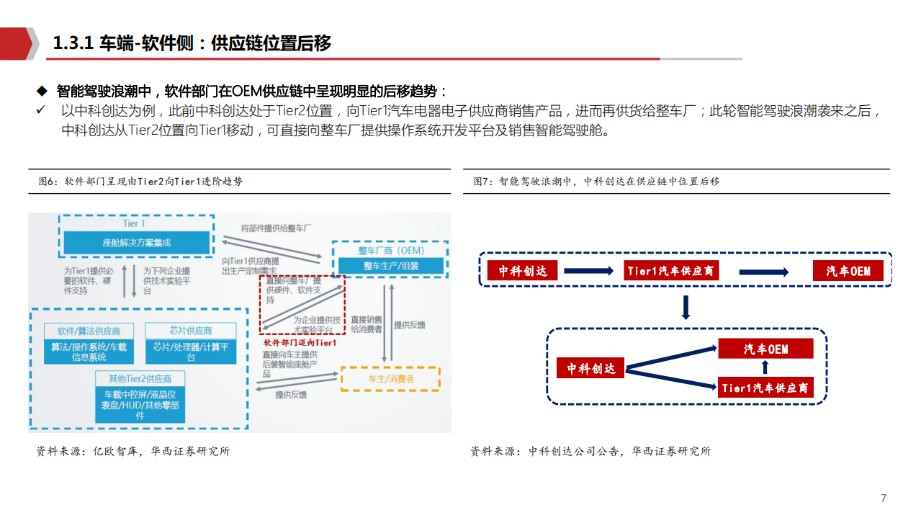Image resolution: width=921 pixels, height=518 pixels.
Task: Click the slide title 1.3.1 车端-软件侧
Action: [x=192, y=43]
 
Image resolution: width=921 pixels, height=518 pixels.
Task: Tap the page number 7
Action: [x=884, y=499]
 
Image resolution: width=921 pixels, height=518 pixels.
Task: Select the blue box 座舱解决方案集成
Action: [x=137, y=243]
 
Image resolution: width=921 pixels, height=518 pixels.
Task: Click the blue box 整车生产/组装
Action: [x=390, y=265]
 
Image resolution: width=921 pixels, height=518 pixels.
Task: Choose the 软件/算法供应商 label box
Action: [x=89, y=331]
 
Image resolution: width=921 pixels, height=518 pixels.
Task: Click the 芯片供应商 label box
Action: [x=191, y=331]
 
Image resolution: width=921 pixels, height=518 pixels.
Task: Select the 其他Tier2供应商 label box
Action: [x=140, y=378]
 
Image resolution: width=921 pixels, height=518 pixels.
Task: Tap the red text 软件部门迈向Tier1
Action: [x=301, y=342]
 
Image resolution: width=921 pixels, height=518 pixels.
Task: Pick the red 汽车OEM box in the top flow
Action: [x=848, y=270]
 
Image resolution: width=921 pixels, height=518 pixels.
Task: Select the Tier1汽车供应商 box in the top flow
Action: [x=670, y=270]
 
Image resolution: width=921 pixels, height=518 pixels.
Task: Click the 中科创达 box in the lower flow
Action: [x=590, y=367]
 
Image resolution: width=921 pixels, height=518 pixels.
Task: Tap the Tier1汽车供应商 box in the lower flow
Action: [x=765, y=388]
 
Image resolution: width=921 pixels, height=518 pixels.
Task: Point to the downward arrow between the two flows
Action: [x=686, y=308]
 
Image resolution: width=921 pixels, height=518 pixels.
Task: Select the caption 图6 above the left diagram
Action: [x=140, y=182]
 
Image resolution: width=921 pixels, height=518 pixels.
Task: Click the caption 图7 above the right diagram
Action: [x=596, y=182]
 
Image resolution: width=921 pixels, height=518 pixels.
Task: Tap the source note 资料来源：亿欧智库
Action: [x=133, y=452]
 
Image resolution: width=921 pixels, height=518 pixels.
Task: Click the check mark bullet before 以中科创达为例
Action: [x=41, y=110]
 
